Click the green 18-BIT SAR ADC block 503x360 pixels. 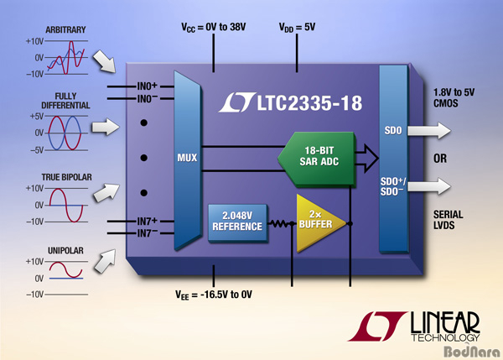tap(317, 159)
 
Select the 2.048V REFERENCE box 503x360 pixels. tap(238, 222)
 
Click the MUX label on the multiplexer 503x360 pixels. tap(187, 158)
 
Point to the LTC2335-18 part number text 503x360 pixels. tap(309, 102)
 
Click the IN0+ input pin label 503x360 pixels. tap(148, 86)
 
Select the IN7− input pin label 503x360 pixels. tap(148, 232)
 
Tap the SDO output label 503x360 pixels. tap(393, 130)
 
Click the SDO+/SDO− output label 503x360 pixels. tap(393, 186)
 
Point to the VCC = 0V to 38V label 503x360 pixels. tap(214, 28)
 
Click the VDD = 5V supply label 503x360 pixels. tap(297, 28)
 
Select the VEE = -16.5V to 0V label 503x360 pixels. tap(214, 295)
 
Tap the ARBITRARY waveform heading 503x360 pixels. tap(65, 30)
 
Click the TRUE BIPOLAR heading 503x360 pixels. tap(67, 177)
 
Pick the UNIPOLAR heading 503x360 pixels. tap(65, 251)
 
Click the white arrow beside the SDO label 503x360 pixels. tap(429, 130)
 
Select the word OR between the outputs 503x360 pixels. tap(440, 159)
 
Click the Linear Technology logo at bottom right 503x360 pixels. tap(413, 326)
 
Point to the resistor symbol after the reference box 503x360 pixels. tap(280, 223)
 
